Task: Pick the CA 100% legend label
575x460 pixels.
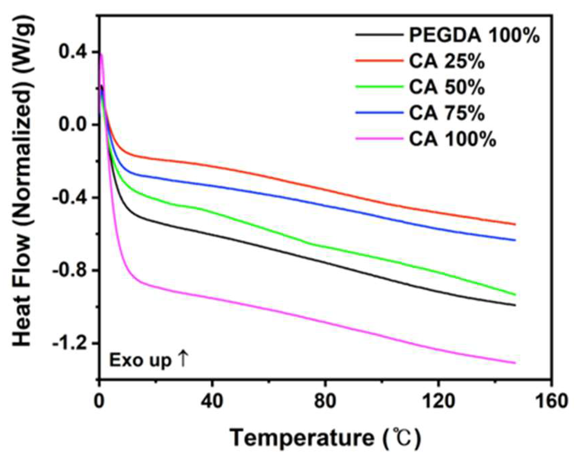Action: click(452, 139)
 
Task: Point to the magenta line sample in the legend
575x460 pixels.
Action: click(379, 138)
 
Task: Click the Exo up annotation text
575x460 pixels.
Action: click(140, 361)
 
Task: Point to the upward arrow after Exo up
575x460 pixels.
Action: click(183, 360)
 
